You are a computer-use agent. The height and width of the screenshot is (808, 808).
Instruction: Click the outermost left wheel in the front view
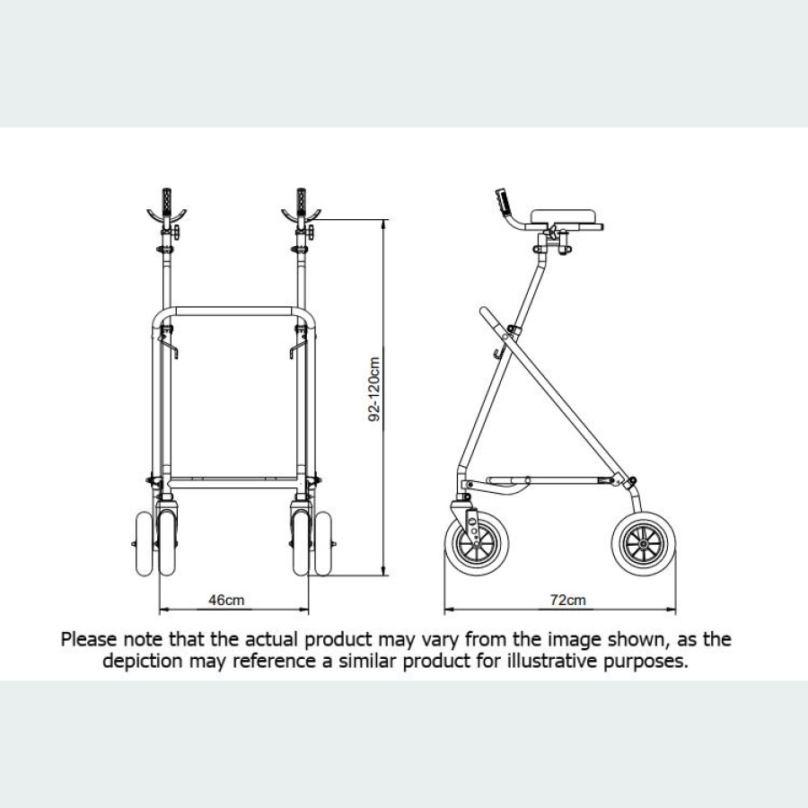point(143,542)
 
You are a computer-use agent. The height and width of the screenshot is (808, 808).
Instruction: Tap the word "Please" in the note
point(88,640)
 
